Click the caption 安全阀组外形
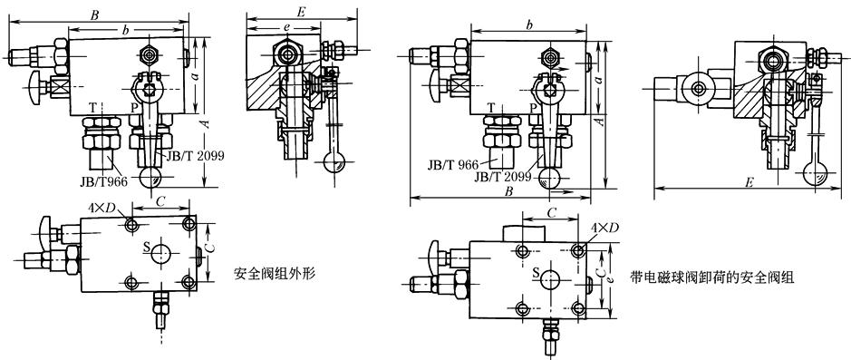(275, 273)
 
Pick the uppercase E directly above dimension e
(302, 11)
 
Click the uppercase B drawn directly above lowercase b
(95, 15)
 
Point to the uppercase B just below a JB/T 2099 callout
(509, 191)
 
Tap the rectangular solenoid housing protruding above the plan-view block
(523, 234)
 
